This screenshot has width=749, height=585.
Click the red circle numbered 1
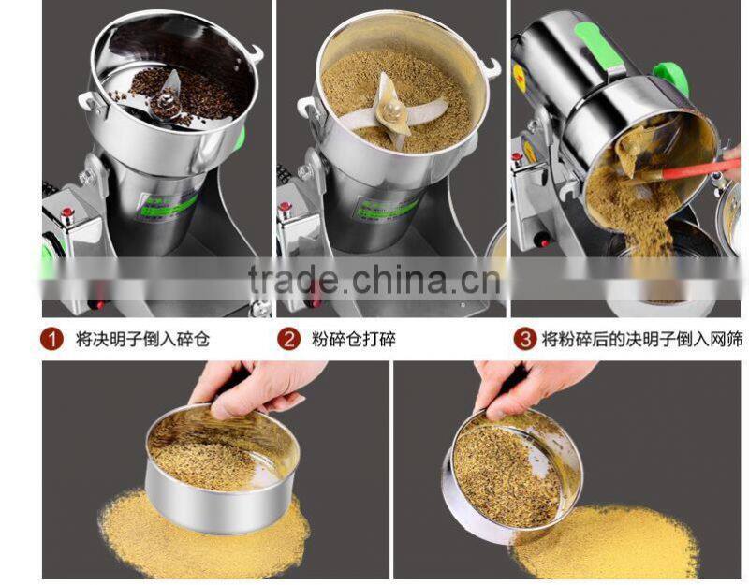53,338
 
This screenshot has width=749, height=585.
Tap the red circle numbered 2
289,338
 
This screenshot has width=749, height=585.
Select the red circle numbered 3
526,338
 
